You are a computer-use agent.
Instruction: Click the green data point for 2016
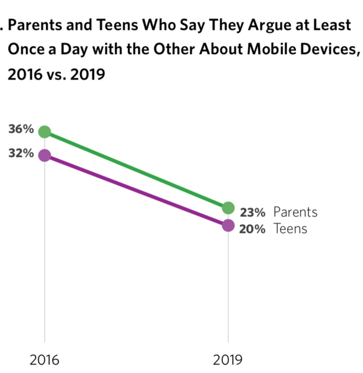point(45,132)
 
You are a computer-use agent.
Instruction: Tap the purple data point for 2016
point(45,155)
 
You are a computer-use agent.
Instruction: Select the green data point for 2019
point(228,208)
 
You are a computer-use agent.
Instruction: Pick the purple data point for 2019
point(228,226)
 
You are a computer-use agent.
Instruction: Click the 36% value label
point(21,130)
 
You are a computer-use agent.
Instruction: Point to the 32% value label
point(21,154)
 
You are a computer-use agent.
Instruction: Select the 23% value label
point(253,212)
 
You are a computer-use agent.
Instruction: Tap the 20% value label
point(253,229)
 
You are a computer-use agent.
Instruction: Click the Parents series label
point(295,212)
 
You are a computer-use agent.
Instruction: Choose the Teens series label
point(290,229)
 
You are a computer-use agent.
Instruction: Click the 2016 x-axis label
point(45,360)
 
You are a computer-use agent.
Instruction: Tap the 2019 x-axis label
point(228,360)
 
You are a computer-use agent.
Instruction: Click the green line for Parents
point(136,170)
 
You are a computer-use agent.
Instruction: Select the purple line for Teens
point(136,190)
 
